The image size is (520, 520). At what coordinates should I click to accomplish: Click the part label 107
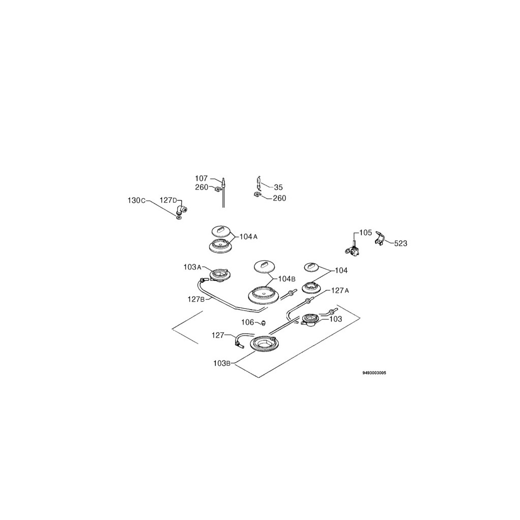201,178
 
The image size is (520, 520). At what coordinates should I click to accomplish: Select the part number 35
278,187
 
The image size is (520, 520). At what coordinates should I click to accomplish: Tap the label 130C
136,201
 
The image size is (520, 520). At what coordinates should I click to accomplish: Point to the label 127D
169,200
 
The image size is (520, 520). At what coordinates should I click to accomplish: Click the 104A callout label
249,237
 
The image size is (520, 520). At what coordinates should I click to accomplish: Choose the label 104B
286,279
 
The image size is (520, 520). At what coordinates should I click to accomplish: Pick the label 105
366,233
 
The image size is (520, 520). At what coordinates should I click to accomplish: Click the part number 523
400,244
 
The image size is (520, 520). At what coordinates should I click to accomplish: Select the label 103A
192,267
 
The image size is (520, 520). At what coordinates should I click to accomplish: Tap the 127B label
196,299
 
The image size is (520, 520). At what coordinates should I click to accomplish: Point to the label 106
247,322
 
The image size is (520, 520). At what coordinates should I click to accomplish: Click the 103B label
222,363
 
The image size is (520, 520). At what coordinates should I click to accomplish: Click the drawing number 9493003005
374,373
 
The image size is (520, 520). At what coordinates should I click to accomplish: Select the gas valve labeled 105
351,249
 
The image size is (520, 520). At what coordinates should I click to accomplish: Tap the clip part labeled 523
380,239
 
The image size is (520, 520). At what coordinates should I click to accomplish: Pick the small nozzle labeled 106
264,323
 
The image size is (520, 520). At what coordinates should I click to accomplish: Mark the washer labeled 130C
179,218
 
